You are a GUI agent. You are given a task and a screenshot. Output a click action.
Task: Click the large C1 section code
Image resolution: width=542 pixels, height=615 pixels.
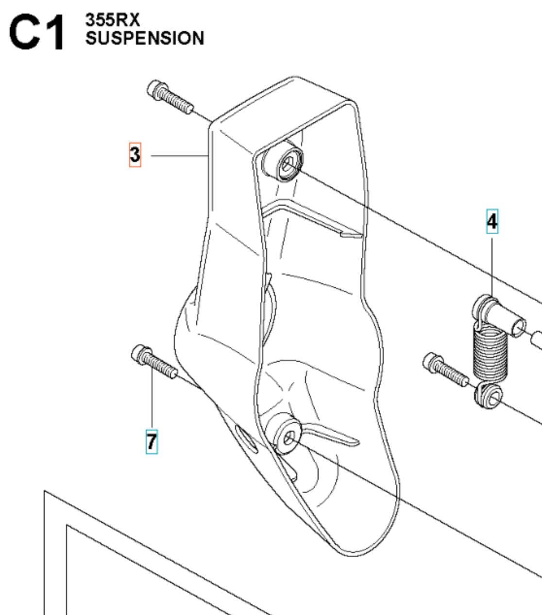37,32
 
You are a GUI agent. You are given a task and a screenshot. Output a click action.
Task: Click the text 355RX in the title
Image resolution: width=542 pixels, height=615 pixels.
113,20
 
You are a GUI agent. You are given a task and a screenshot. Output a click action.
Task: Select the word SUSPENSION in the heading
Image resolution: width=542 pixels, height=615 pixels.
145,38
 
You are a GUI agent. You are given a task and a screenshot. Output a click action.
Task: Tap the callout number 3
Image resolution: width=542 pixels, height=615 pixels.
135,155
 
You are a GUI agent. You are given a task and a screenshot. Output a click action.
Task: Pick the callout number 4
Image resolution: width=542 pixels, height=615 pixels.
492,222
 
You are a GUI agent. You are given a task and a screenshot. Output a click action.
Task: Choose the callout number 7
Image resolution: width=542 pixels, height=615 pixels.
152,442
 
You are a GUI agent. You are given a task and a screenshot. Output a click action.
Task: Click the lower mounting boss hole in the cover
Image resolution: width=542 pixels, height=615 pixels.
289,438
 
